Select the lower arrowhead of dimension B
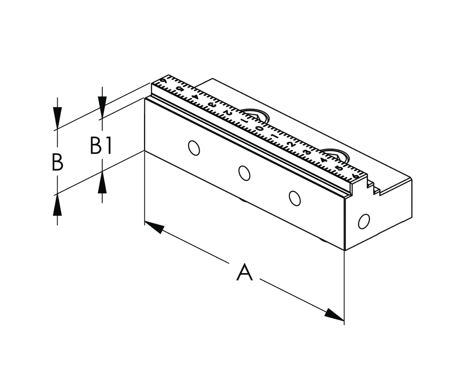[x=58, y=205]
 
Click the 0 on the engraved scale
[x=259, y=129]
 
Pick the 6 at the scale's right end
[x=355, y=177]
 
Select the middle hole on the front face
[x=244, y=172]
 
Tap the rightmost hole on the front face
[x=294, y=198]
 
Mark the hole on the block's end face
[x=364, y=222]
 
